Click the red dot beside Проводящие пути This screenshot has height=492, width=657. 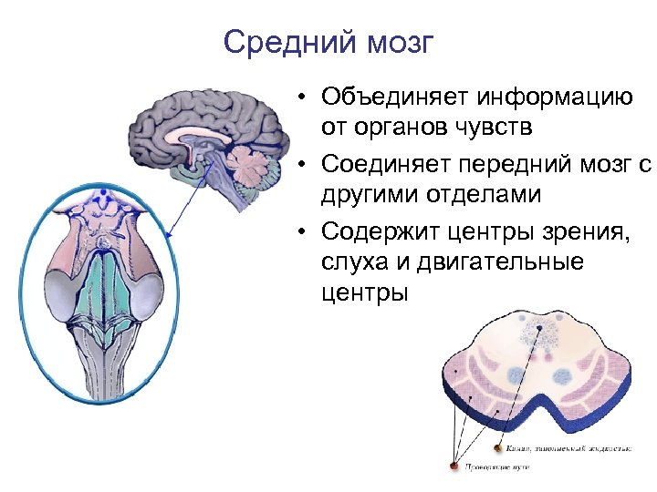[x=454, y=466]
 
